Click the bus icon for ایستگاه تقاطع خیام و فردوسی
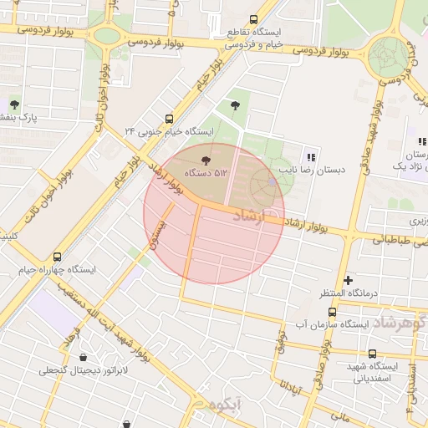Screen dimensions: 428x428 253,20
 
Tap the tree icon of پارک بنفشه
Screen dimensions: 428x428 14,104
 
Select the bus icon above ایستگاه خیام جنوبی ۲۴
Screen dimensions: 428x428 170,119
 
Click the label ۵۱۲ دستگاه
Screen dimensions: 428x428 206,172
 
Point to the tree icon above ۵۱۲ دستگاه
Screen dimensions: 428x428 206,159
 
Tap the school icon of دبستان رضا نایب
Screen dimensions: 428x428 311,156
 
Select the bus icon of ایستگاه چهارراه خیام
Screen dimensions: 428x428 57,257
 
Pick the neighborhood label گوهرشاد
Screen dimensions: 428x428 400,321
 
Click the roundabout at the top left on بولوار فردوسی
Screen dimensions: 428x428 106,36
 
